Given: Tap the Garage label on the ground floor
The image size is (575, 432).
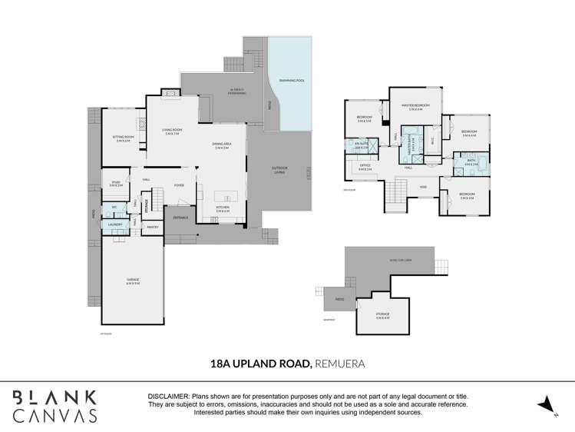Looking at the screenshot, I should (x=133, y=281).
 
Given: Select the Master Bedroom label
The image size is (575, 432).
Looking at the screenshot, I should (x=415, y=107).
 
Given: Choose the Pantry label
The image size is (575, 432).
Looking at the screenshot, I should (x=152, y=227).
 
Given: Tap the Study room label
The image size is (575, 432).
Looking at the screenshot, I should (x=115, y=183).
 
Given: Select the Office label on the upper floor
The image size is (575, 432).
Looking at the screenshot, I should (x=365, y=166).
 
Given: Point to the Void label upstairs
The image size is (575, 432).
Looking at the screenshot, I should (x=422, y=186).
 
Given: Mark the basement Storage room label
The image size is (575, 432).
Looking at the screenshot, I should (x=382, y=315).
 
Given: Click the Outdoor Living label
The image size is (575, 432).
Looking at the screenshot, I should (x=278, y=170).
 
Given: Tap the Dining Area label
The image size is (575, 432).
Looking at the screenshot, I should (x=223, y=144).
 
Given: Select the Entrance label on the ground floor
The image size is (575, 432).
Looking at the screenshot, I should (x=180, y=218).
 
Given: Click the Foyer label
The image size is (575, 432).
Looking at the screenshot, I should (x=178, y=184).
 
